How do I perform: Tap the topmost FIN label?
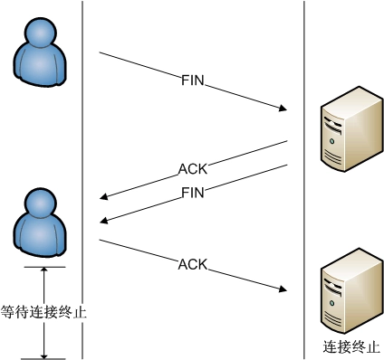tap(193, 81)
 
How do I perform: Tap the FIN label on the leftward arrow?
tap(193, 192)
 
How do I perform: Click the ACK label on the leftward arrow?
tap(192, 168)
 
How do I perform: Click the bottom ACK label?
tap(193, 264)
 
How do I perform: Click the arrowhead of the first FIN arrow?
tap(283, 109)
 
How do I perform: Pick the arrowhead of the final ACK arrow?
tap(283, 289)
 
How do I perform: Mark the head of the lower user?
tap(42, 203)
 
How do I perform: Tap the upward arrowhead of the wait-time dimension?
tap(43, 270)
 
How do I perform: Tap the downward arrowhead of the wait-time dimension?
tap(43, 355)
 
